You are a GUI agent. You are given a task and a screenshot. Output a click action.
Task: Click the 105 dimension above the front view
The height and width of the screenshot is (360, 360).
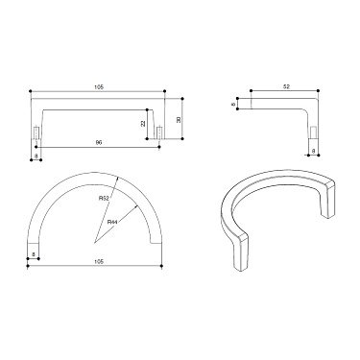[x=99, y=88]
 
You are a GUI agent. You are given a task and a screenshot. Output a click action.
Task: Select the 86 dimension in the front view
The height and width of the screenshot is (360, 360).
[x=99, y=143]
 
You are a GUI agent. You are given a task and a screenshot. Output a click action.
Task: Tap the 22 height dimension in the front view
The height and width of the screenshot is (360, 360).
[x=143, y=123]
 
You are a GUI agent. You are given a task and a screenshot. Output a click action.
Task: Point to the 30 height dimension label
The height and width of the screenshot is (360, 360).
[x=178, y=118]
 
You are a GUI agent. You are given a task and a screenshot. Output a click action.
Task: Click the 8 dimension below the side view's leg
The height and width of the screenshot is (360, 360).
[x=312, y=153]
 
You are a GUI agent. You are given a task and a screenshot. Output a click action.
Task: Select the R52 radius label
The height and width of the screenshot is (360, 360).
[x=104, y=199]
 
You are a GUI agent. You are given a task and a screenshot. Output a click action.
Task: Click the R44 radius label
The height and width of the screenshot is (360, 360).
[x=112, y=222]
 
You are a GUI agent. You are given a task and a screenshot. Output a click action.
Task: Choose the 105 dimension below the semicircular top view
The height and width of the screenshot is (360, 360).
[x=99, y=262]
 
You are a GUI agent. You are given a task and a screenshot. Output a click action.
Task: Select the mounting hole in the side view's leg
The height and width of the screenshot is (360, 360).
[x=312, y=131]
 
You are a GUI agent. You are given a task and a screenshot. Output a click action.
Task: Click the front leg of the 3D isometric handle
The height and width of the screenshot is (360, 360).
[x=239, y=252]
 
